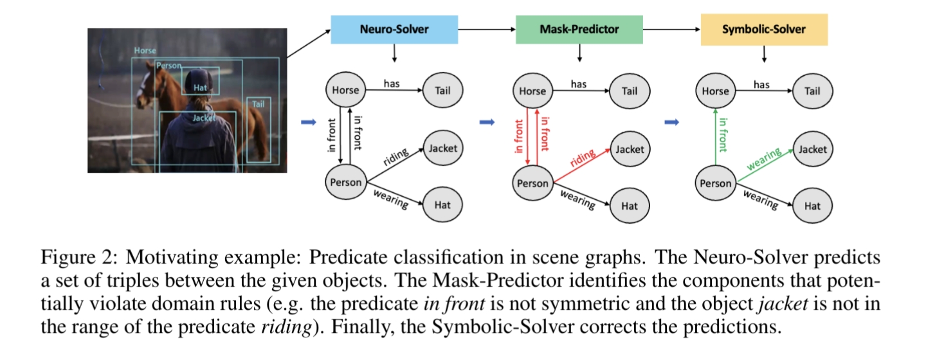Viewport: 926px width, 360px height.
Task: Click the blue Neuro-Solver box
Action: pos(394,29)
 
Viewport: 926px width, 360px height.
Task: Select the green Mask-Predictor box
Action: pos(579,29)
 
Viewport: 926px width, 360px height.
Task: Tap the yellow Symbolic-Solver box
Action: pos(764,29)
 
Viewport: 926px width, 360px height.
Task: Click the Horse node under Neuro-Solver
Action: pos(346,91)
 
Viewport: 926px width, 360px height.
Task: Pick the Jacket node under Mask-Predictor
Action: pos(630,149)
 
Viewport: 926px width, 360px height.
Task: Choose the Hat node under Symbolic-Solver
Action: pos(812,206)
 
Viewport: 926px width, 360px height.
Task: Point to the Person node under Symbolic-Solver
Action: pos(715,183)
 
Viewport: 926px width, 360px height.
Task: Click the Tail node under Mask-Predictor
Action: pos(630,91)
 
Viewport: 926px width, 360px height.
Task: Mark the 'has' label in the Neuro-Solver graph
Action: pos(392,83)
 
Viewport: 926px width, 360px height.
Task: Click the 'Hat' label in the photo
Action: pos(199,88)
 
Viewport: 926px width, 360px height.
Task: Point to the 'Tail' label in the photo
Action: pos(258,104)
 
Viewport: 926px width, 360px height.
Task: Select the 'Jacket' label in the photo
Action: pos(203,118)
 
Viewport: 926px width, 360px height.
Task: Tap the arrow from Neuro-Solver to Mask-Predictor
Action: pos(486,29)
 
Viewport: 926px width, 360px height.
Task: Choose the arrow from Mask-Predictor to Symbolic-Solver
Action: pos(671,29)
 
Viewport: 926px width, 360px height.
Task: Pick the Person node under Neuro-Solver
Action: pos(346,182)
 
